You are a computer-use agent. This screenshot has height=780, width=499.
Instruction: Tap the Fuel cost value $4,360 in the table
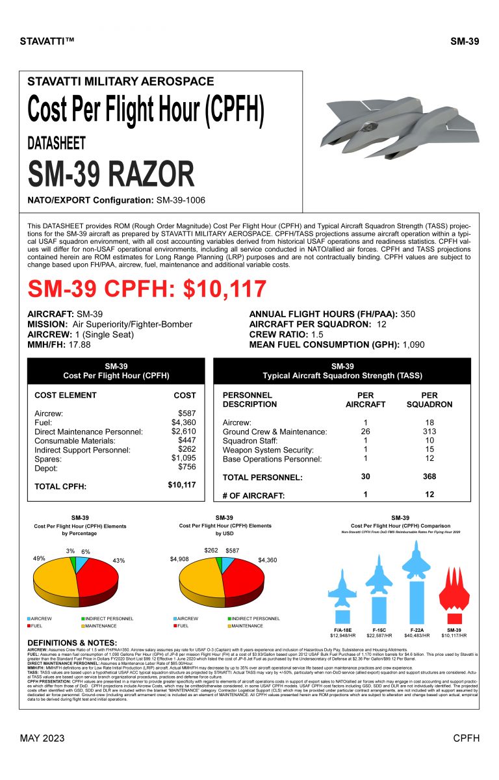point(183,422)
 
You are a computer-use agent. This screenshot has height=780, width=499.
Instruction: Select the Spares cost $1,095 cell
point(183,458)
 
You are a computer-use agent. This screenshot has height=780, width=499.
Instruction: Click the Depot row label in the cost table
point(45,468)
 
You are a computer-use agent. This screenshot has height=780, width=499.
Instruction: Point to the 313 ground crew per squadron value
point(429,432)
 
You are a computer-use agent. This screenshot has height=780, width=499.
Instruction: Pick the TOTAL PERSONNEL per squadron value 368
point(429,477)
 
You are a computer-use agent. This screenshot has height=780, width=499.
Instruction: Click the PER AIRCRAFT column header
point(365,399)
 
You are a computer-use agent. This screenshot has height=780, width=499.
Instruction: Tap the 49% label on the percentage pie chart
point(39,558)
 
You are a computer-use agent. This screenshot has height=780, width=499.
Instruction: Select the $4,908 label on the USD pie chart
point(180,558)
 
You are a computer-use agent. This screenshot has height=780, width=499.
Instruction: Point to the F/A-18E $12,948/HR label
point(341,635)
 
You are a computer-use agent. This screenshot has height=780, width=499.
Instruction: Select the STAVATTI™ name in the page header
point(48,42)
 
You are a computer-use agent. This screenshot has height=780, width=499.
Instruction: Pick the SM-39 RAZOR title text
point(110,174)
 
